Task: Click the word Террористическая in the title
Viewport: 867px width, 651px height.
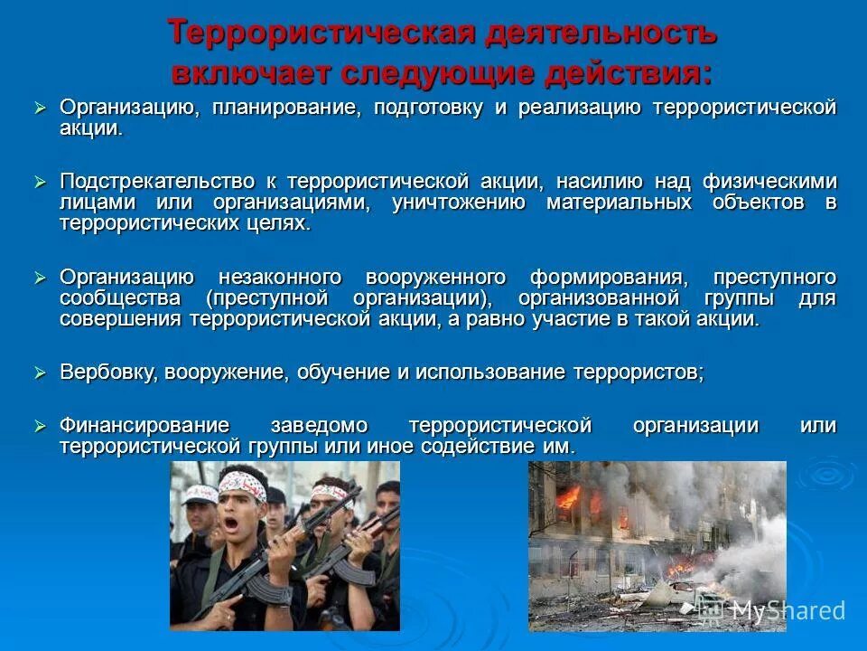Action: (322, 33)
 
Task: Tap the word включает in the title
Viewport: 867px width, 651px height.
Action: (237, 71)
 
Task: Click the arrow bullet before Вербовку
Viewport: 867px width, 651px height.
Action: (40, 373)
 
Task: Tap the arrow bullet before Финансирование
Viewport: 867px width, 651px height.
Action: (40, 425)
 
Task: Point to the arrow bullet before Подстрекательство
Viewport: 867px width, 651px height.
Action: (40, 182)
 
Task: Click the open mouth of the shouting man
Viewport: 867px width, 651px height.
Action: (231, 524)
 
